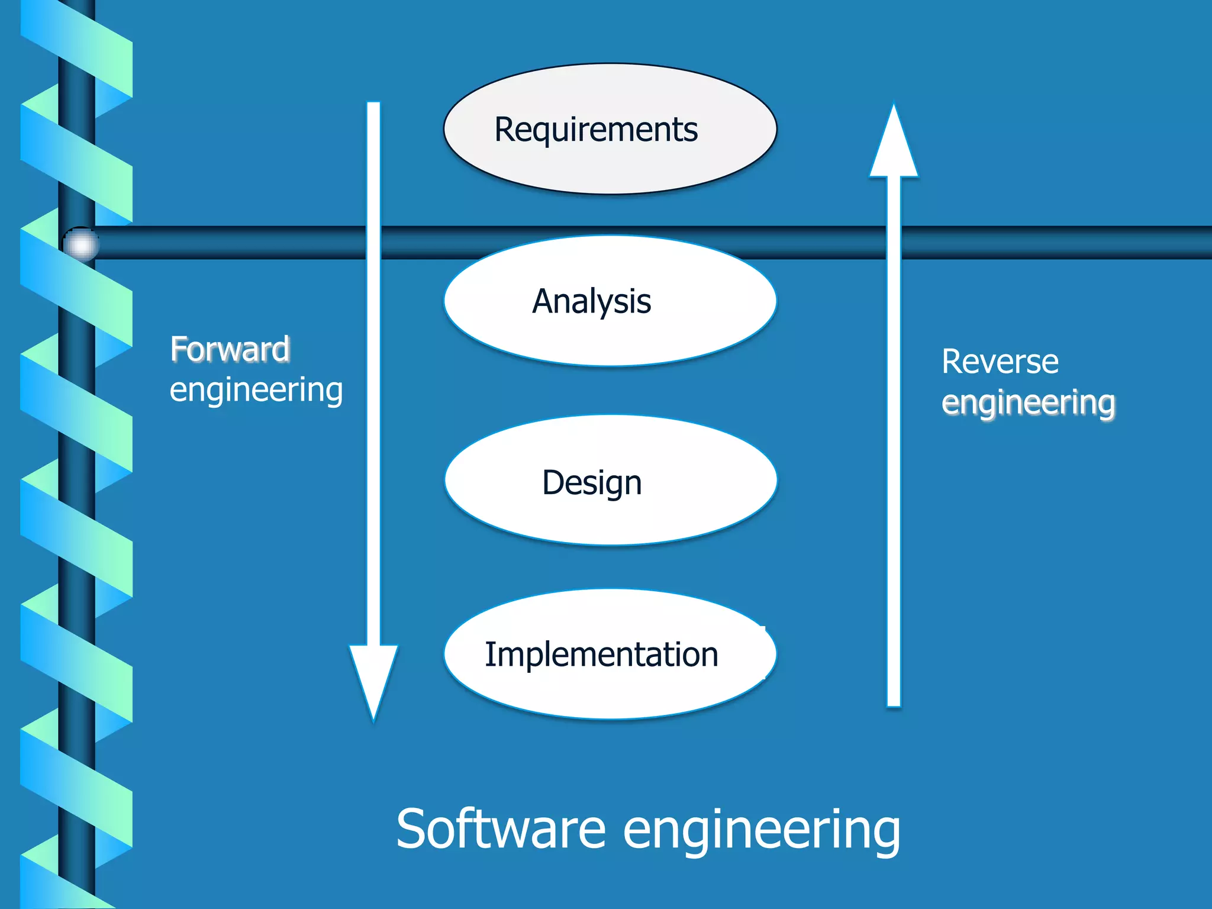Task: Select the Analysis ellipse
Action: tap(610, 337)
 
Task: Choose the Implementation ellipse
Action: tap(610, 692)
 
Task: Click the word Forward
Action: tap(230, 349)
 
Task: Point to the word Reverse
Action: tap(1000, 362)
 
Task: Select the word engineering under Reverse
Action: tap(1028, 403)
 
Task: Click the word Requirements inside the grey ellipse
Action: tap(596, 130)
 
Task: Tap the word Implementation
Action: tap(601, 655)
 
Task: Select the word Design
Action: tap(592, 483)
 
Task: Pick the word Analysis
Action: tap(591, 302)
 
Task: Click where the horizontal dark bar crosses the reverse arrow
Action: tap(894, 243)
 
